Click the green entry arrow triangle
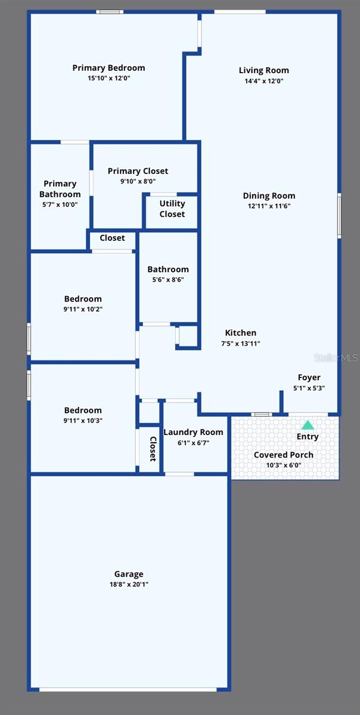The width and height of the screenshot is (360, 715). (x=308, y=425)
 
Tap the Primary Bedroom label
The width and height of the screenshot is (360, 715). (x=108, y=68)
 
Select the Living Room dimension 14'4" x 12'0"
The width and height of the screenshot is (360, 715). (x=264, y=80)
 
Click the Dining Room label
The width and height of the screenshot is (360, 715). (x=269, y=195)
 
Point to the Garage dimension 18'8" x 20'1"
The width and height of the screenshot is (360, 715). (x=129, y=585)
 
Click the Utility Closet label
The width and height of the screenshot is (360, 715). (x=172, y=209)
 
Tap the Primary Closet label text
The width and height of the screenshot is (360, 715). (x=138, y=171)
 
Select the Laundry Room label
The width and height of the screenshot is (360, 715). (x=193, y=432)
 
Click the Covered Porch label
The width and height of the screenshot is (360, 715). (x=284, y=455)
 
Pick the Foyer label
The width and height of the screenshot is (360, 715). (x=309, y=377)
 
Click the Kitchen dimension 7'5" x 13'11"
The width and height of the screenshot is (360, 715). (x=240, y=343)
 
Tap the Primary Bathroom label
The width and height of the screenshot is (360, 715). (x=60, y=189)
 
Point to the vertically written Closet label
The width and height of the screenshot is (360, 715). (x=153, y=449)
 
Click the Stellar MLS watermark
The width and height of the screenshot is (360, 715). (x=336, y=357)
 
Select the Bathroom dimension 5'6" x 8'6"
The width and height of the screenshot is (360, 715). (x=168, y=279)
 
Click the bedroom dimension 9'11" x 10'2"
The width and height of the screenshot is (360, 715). (x=83, y=309)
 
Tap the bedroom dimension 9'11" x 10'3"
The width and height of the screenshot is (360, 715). (x=83, y=420)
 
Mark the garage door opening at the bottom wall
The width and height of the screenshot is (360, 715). (x=128, y=689)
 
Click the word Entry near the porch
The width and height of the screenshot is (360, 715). (x=308, y=437)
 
